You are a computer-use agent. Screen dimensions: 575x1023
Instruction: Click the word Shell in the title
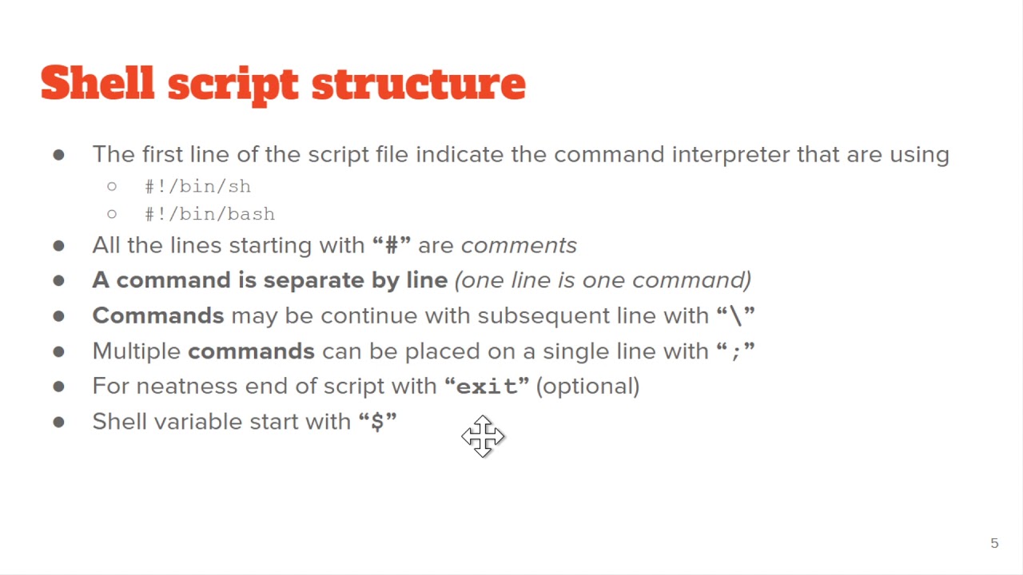pyautogui.click(x=97, y=83)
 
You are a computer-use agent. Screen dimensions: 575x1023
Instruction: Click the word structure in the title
pyautogui.click(x=418, y=83)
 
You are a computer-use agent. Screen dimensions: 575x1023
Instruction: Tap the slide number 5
pyautogui.click(x=994, y=543)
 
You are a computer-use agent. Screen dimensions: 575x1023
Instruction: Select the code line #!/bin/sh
pyautogui.click(x=197, y=186)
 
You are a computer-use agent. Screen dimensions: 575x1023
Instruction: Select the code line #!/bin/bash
pyautogui.click(x=209, y=214)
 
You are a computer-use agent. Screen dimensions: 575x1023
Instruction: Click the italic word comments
pyautogui.click(x=519, y=245)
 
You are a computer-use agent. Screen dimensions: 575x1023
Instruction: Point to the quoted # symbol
pyautogui.click(x=392, y=245)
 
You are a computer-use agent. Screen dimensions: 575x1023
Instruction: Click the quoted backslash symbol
pyautogui.click(x=735, y=315)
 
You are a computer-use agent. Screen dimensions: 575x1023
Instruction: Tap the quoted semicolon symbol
pyautogui.click(x=735, y=351)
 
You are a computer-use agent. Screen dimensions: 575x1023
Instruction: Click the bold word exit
pyautogui.click(x=487, y=387)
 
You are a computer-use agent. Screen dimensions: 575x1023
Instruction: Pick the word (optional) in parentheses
pyautogui.click(x=587, y=387)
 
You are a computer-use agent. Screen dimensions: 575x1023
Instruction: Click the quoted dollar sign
pyautogui.click(x=377, y=422)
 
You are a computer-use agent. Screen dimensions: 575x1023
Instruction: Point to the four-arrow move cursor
pyautogui.click(x=483, y=436)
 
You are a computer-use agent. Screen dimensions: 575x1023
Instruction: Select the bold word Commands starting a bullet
pyautogui.click(x=158, y=315)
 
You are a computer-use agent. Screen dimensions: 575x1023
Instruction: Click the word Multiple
pyautogui.click(x=137, y=351)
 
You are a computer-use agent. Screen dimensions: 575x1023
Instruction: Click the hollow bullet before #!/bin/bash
pyautogui.click(x=111, y=214)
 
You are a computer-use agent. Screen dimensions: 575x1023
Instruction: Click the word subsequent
pyautogui.click(x=543, y=315)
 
